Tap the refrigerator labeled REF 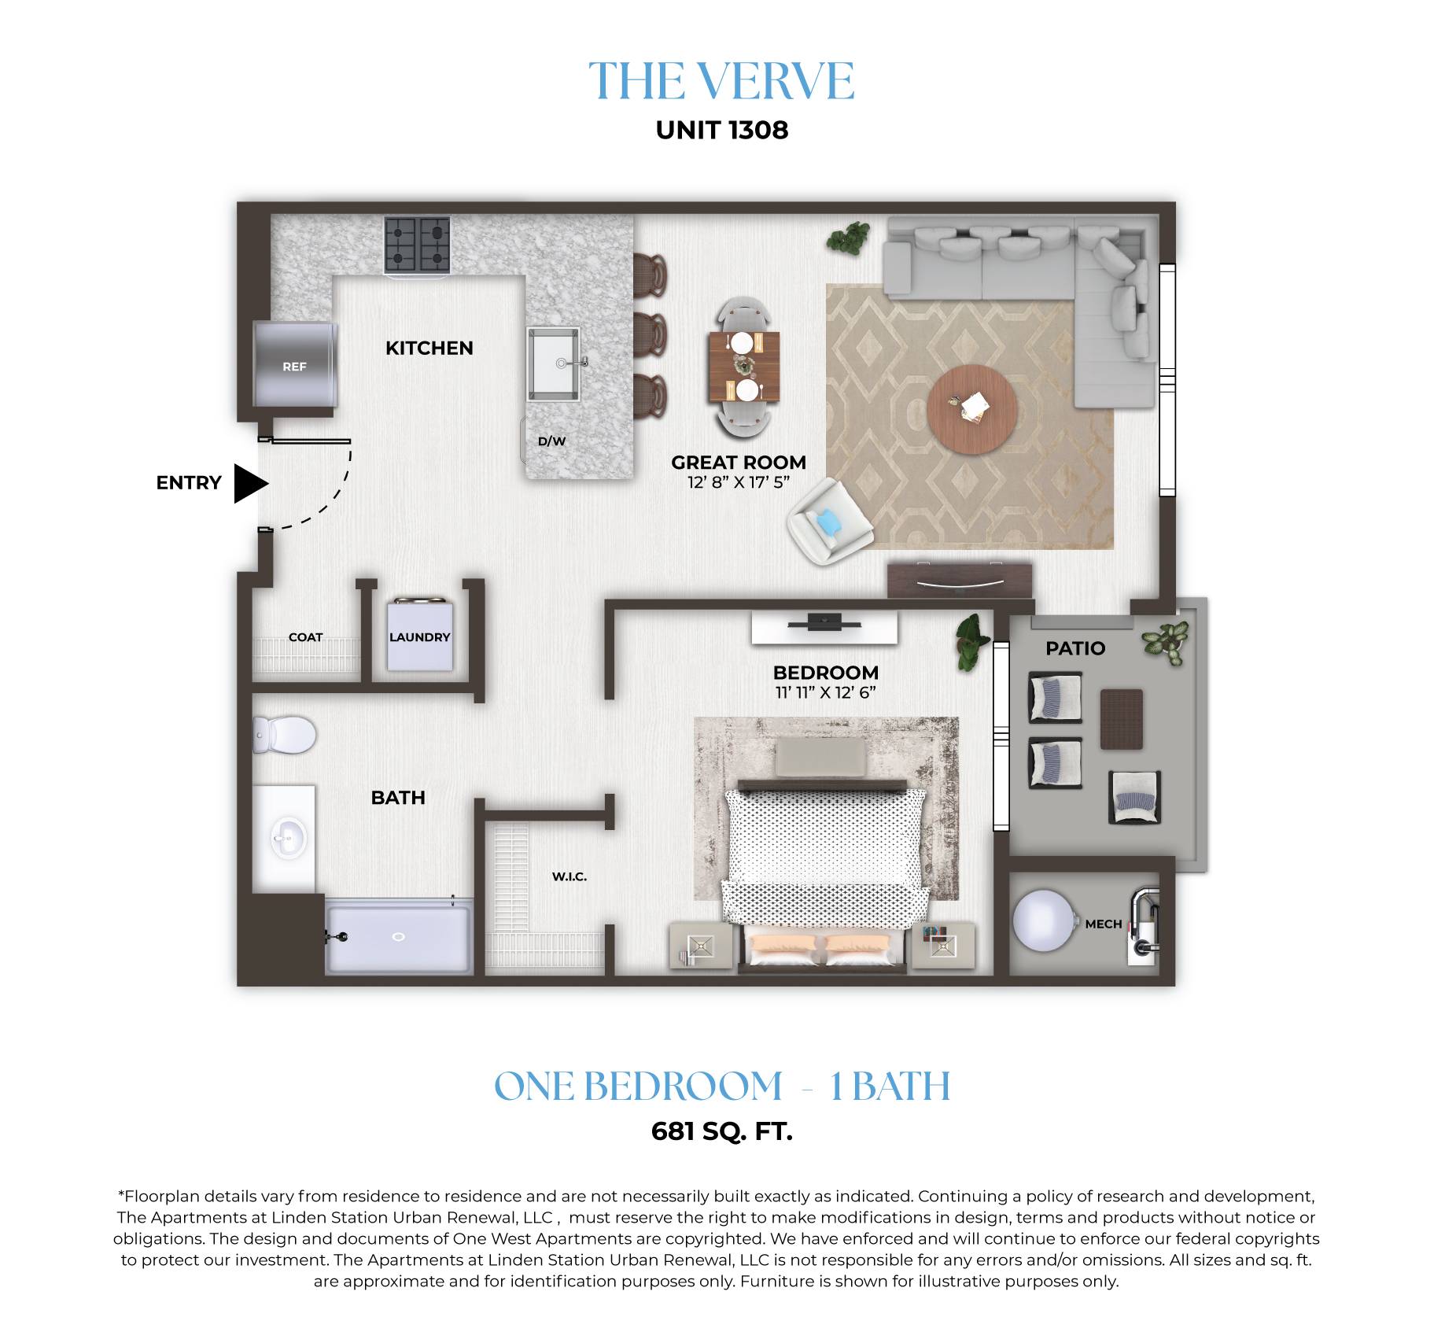(x=295, y=363)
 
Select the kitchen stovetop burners (x=417, y=245)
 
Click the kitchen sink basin (x=554, y=363)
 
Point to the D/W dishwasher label (x=551, y=441)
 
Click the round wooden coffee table (x=972, y=409)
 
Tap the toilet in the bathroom (x=284, y=735)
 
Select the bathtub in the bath (x=399, y=937)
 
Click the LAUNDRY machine (x=420, y=635)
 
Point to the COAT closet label (x=305, y=637)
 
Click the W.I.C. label (x=570, y=876)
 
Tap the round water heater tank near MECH (x=1044, y=920)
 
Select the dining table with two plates (x=744, y=367)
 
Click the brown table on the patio (x=1122, y=719)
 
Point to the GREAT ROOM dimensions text (x=739, y=482)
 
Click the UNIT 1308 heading (x=722, y=130)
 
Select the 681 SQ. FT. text (x=722, y=1131)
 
